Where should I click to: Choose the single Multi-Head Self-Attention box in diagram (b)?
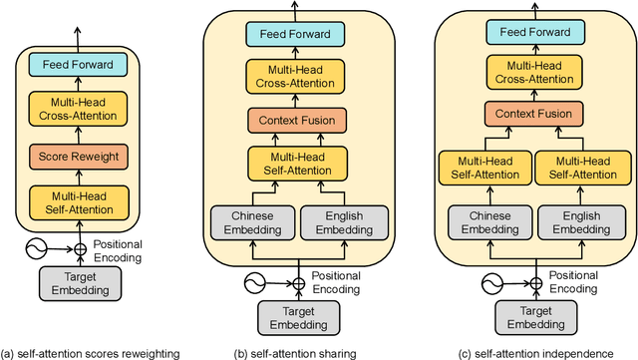coord(297,161)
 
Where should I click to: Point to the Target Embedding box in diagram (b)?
coord(297,317)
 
